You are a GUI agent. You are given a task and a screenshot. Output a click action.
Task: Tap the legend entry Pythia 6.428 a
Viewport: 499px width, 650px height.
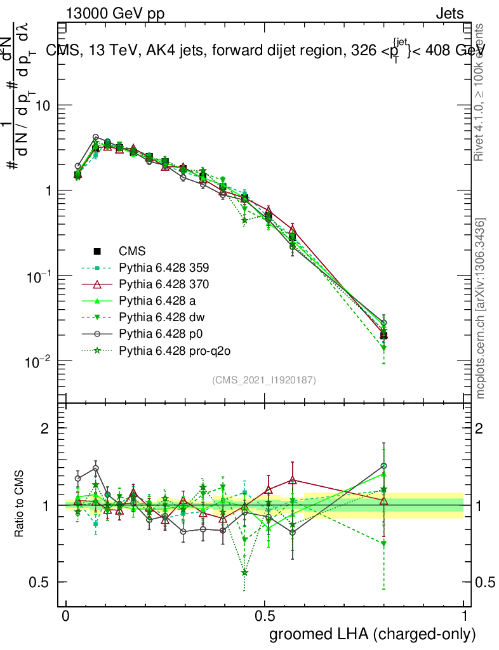[x=159, y=300]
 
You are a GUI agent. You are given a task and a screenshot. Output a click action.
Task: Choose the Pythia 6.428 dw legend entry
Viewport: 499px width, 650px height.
[x=161, y=316]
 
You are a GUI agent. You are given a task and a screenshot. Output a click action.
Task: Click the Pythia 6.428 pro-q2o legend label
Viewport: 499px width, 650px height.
[x=170, y=349]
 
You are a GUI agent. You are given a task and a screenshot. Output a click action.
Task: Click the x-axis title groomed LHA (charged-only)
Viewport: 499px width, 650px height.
[x=373, y=634]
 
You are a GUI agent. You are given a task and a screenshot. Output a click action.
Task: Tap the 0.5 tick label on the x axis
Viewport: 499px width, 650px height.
[x=265, y=616]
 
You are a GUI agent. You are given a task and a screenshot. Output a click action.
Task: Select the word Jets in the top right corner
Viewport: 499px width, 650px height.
[x=449, y=14]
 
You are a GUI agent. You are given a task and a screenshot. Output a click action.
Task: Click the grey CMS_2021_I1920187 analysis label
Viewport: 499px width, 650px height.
[x=264, y=380]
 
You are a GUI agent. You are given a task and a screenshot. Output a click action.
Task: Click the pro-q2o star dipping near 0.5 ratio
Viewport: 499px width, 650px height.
[x=244, y=573]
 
